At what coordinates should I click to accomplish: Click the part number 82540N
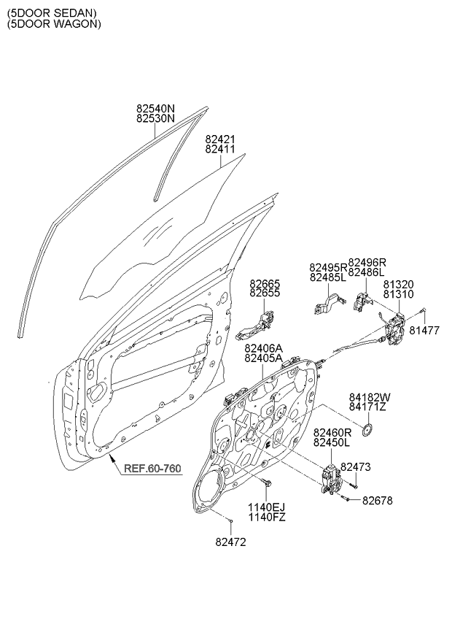pos(155,108)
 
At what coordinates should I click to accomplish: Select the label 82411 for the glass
pos(220,149)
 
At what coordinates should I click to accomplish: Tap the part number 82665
pos(264,283)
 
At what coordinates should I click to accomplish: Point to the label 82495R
pos(328,268)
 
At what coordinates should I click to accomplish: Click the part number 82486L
pos(366,272)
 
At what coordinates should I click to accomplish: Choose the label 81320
pos(398,285)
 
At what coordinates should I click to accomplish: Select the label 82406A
pos(263,348)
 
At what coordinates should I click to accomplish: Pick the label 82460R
pos(332,433)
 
